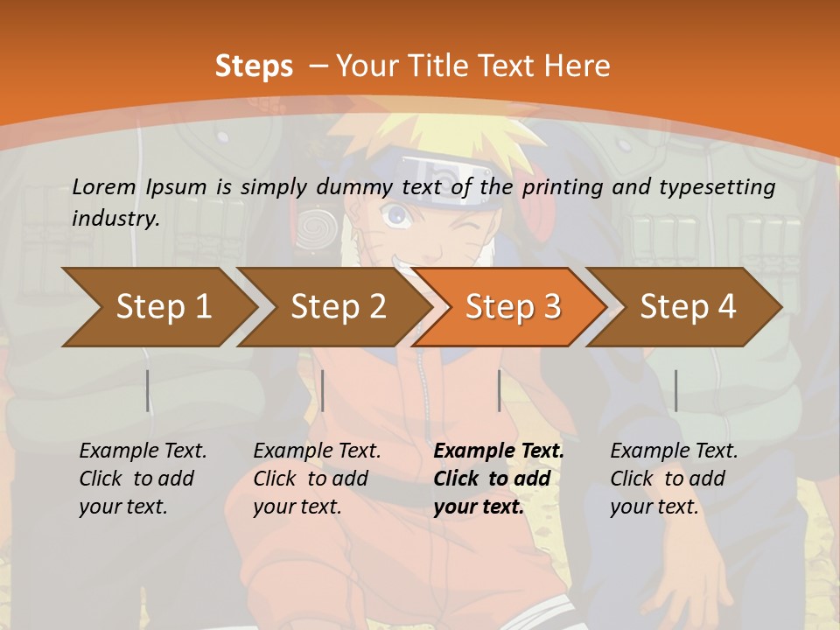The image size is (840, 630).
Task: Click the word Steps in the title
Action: (254, 66)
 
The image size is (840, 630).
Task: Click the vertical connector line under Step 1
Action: (148, 390)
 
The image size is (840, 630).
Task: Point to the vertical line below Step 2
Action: (323, 390)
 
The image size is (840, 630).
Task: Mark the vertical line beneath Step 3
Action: (499, 390)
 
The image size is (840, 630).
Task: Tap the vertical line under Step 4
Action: (675, 390)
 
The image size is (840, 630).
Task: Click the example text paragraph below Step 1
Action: (143, 479)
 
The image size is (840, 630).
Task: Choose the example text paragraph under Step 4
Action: (674, 479)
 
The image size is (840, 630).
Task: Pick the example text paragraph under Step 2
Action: (317, 479)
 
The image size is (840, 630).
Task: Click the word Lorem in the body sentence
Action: (104, 186)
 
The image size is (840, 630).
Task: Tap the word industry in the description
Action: (115, 219)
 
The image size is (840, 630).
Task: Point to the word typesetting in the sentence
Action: (722, 187)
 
